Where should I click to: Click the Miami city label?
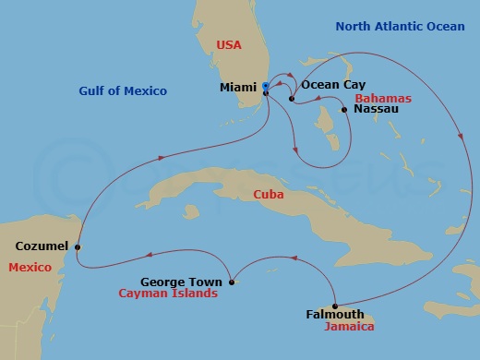coord(238,88)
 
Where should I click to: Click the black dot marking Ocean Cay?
coord(291,99)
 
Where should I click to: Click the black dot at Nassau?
coord(343,110)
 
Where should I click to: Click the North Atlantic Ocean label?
coord(400,27)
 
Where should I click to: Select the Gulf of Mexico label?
coord(123,90)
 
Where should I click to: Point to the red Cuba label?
coord(270,195)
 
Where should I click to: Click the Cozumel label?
coord(41,246)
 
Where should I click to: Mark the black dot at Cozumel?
coord(78,247)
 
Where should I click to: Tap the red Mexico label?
coord(27,267)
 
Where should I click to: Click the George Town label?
coord(181,282)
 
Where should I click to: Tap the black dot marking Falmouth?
coord(334,306)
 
